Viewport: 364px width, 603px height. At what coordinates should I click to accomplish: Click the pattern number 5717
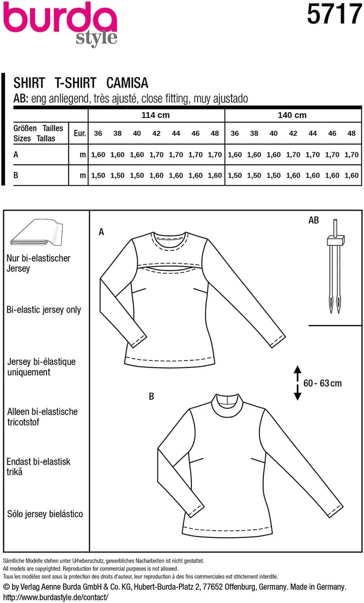[334, 14]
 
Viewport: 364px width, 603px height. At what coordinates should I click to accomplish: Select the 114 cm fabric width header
[155, 116]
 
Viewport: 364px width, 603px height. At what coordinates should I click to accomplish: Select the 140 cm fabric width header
[292, 116]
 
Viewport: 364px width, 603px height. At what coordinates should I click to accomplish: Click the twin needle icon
[336, 267]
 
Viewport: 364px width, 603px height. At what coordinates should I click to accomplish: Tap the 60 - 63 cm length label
[323, 383]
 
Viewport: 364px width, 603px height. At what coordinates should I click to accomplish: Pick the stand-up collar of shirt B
[227, 403]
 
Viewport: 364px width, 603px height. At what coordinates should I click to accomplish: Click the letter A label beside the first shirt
[102, 232]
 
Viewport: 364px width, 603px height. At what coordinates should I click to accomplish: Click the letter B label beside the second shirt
[151, 396]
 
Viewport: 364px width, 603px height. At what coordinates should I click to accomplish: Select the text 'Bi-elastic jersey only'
[44, 310]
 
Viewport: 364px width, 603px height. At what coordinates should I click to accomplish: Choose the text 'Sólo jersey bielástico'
[45, 514]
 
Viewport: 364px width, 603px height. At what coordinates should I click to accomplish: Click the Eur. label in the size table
[80, 133]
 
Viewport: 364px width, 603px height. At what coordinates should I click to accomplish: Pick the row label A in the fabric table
[16, 155]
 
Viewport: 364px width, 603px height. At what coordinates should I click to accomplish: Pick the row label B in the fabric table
[16, 176]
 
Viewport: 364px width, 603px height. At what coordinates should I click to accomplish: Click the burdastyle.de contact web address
[58, 597]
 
